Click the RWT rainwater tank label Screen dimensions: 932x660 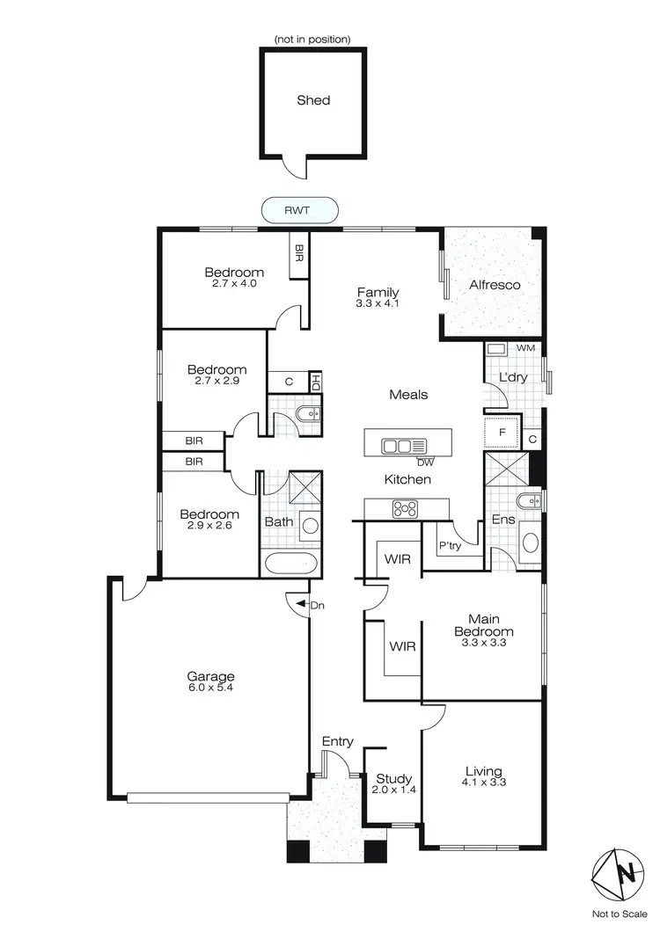(x=300, y=210)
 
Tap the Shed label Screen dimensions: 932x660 (x=313, y=100)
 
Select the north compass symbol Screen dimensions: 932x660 (x=626, y=873)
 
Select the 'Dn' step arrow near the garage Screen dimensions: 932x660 (x=303, y=605)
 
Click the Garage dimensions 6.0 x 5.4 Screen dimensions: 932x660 (x=210, y=688)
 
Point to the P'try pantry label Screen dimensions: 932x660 (x=450, y=545)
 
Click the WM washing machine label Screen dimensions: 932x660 (x=525, y=349)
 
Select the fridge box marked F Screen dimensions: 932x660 (x=501, y=433)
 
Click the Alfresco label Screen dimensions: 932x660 (x=495, y=285)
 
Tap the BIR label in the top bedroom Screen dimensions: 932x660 (x=299, y=254)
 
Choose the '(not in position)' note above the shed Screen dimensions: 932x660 (x=312, y=40)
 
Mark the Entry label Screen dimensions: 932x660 (x=337, y=742)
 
